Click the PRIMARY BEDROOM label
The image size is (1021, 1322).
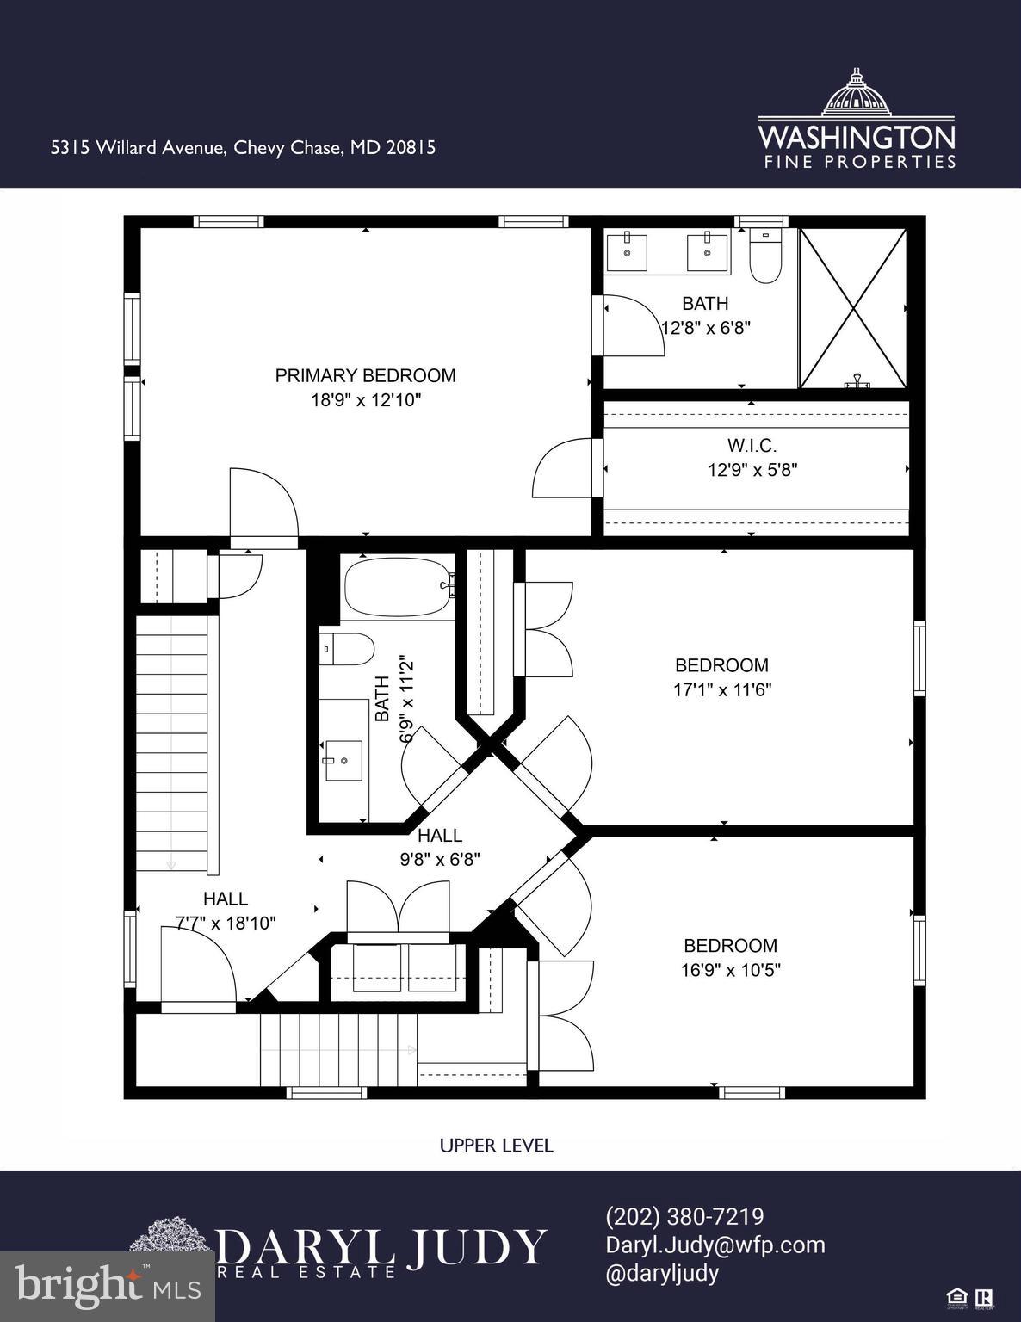click(365, 375)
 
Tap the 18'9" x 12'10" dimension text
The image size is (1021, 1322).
click(365, 400)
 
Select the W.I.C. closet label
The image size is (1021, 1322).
click(752, 446)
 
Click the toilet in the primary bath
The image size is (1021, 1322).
click(764, 256)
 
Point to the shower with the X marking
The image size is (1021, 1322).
click(852, 308)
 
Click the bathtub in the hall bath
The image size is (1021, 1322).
click(397, 586)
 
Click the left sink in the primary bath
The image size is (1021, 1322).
click(627, 251)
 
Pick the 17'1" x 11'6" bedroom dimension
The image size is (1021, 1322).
click(721, 689)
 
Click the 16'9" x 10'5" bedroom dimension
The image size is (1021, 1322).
click(730, 970)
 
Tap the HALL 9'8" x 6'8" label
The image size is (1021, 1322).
click(439, 847)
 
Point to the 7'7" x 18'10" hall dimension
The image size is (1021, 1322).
click(226, 924)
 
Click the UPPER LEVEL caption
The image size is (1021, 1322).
click(496, 1146)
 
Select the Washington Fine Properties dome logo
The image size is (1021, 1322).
click(856, 93)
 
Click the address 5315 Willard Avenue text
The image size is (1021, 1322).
click(243, 147)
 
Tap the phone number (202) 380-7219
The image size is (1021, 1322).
click(684, 1217)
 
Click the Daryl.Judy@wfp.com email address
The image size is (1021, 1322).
click(715, 1245)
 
